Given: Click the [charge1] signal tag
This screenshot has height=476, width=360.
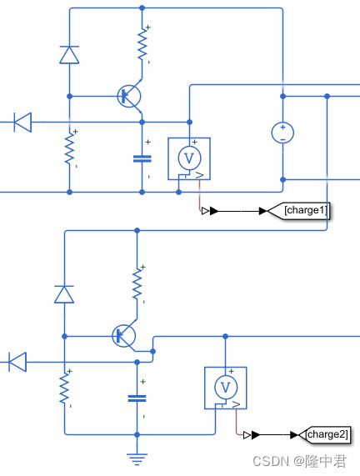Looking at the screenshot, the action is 299,210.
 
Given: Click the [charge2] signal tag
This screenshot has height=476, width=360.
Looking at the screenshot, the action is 324,434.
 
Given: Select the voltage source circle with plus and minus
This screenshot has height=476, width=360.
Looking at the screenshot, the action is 282,133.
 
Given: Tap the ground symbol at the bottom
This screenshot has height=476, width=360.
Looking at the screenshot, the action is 137,459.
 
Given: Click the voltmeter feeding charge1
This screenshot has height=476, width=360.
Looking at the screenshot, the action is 189,158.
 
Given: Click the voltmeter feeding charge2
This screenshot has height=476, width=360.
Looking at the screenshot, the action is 225,388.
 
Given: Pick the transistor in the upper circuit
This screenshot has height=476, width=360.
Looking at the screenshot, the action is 130,97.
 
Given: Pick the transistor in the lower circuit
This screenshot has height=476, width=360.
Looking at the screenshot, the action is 125,336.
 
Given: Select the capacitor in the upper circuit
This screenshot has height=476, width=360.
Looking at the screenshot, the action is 142,158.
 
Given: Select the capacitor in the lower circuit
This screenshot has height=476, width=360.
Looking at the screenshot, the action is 137,398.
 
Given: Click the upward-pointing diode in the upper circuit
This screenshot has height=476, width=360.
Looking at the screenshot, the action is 69,55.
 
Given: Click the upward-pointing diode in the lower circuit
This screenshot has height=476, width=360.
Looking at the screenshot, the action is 64,294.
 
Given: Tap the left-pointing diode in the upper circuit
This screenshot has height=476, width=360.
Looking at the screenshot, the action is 22,122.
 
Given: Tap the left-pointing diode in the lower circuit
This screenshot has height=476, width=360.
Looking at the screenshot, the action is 17,362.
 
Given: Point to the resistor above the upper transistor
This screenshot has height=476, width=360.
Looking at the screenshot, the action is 142,44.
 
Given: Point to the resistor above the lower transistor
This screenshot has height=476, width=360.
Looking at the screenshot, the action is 137,283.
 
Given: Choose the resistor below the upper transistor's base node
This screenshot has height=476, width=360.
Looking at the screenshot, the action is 69,148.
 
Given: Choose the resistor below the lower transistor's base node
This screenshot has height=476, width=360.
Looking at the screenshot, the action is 64,388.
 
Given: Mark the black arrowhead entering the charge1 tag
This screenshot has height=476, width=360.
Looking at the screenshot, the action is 263,211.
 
